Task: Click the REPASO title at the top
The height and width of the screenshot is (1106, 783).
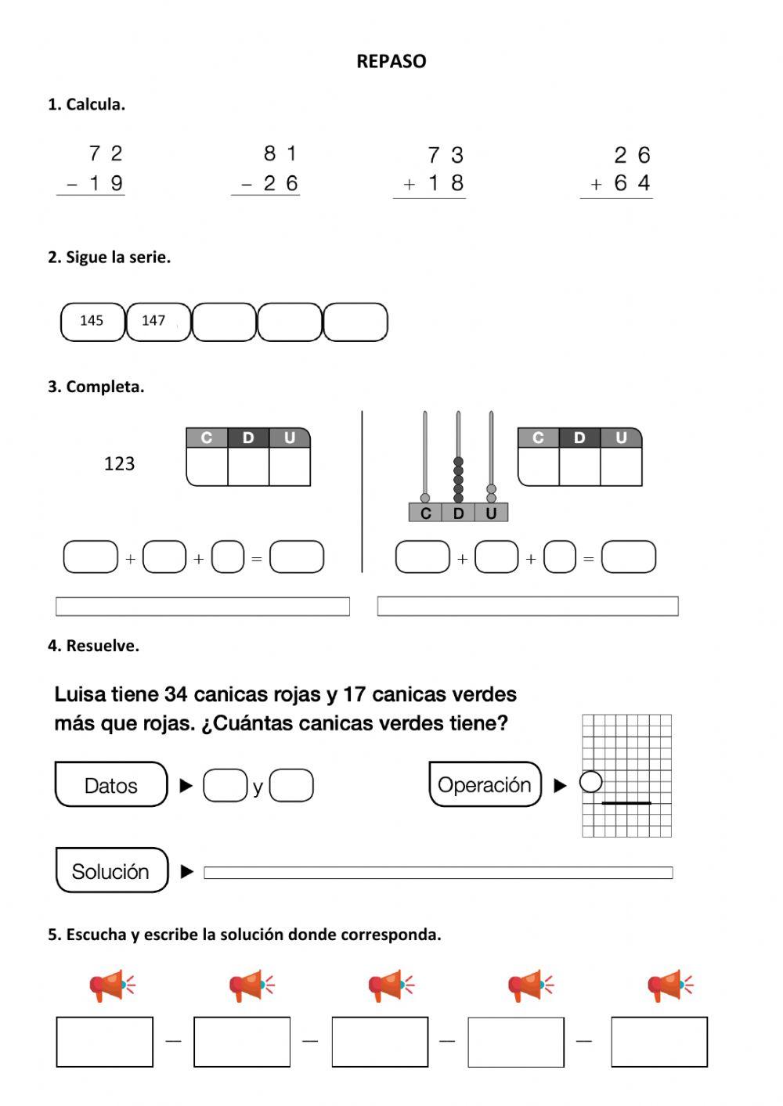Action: [x=391, y=61]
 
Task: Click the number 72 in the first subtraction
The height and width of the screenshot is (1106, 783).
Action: [x=106, y=153]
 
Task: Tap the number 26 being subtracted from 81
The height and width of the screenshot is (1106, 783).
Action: [x=280, y=184]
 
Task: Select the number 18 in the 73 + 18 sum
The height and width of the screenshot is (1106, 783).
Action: [x=446, y=184]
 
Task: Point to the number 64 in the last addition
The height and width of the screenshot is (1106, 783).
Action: [x=632, y=183]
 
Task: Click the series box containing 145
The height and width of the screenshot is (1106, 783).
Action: [x=92, y=322]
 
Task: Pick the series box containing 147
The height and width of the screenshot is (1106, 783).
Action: [x=157, y=322]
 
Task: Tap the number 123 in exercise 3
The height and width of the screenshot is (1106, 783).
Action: [x=119, y=463]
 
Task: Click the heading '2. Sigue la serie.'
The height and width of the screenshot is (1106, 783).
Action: [x=109, y=257]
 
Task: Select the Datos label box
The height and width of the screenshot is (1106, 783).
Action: [x=111, y=785]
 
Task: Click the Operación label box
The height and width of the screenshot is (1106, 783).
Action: [x=485, y=784]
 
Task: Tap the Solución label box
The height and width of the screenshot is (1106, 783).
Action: [x=111, y=870]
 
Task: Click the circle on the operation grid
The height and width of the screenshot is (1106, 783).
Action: [x=590, y=781]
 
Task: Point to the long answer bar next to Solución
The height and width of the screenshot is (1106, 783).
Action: [x=438, y=873]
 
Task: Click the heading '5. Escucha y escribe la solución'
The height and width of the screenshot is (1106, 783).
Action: [x=244, y=934]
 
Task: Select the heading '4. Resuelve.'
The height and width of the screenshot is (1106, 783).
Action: [x=93, y=646]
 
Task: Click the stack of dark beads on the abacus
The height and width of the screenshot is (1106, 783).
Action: [x=458, y=480]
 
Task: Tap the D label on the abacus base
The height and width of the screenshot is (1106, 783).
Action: [x=458, y=513]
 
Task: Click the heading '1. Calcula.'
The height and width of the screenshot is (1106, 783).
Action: [x=86, y=104]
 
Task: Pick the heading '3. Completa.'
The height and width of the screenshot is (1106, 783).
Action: [x=96, y=386]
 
